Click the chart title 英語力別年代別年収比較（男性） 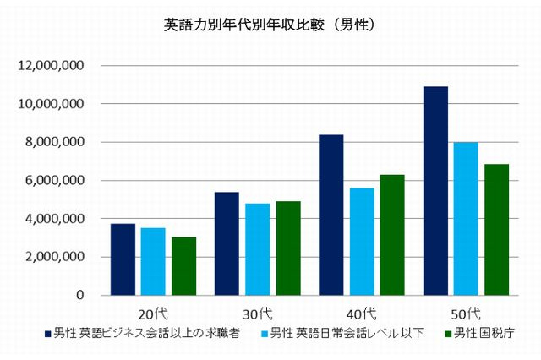[270, 25]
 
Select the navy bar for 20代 [123, 259]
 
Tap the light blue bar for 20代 [153, 262]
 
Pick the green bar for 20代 [183, 266]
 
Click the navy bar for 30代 [227, 243]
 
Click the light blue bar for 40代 [362, 242]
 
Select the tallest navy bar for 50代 [435, 191]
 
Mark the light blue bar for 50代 [466, 219]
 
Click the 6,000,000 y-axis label [56, 180]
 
